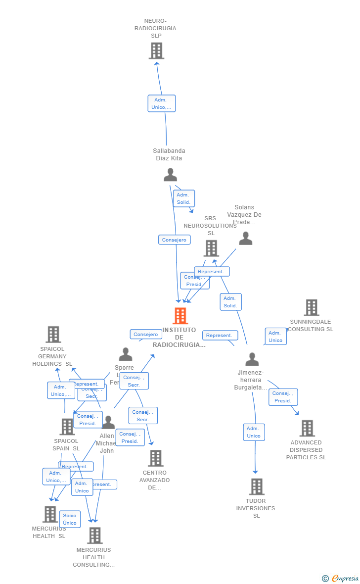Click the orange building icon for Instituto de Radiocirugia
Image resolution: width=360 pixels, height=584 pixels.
click(x=180, y=316)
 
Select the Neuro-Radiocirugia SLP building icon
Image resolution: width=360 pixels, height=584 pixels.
click(x=156, y=50)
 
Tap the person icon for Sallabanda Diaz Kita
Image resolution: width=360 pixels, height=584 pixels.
click(x=171, y=175)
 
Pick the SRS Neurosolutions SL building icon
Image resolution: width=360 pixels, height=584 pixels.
click(x=211, y=248)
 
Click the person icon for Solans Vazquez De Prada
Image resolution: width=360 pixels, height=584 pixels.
click(x=246, y=239)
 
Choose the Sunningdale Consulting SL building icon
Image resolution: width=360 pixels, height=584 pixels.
click(x=311, y=307)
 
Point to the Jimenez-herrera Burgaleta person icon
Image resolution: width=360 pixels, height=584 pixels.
click(x=252, y=359)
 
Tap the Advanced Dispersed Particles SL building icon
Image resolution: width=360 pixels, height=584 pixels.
click(x=307, y=428)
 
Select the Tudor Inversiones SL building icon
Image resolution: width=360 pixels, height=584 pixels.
click(x=257, y=487)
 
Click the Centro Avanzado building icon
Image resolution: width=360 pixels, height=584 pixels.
click(x=156, y=458)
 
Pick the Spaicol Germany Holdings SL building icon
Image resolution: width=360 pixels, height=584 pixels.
click(x=53, y=335)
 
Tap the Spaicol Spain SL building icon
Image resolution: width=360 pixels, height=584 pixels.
click(x=67, y=427)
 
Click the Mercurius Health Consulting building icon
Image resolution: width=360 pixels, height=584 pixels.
click(x=94, y=535)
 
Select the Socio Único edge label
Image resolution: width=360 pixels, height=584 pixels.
click(x=70, y=519)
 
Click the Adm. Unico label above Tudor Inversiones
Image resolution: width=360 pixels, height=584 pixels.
click(x=254, y=432)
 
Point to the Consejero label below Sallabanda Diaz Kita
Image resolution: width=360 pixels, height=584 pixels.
click(x=174, y=240)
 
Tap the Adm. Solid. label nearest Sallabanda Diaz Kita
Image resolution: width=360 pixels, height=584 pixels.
click(x=183, y=198)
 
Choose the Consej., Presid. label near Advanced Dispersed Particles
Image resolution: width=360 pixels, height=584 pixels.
click(x=283, y=397)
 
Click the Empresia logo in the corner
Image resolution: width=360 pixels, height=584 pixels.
click(x=341, y=578)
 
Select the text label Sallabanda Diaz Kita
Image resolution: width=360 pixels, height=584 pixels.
click(x=169, y=154)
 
